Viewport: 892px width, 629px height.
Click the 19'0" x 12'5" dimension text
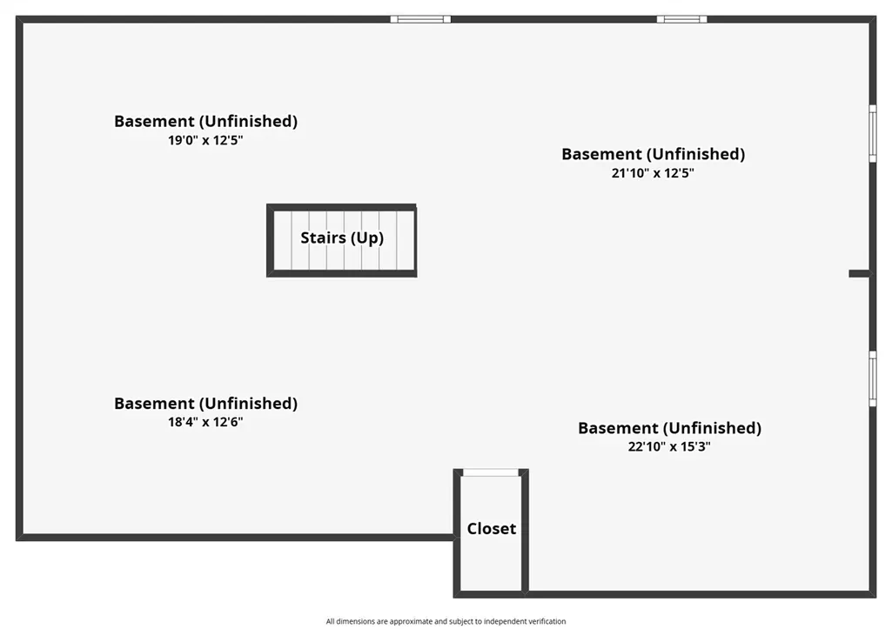(x=205, y=140)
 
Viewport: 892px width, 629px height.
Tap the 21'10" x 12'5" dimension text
(x=653, y=173)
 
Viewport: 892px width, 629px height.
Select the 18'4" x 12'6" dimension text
(x=205, y=422)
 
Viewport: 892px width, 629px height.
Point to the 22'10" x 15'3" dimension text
(x=669, y=446)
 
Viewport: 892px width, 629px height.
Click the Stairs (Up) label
(x=342, y=238)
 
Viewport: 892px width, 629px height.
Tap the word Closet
(x=492, y=528)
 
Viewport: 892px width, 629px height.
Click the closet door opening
(x=491, y=472)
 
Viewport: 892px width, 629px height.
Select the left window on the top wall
(x=420, y=19)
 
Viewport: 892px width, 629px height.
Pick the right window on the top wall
(x=682, y=19)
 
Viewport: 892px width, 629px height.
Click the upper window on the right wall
(x=873, y=134)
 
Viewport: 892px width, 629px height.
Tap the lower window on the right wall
(x=873, y=378)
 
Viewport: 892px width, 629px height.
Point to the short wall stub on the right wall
(x=859, y=273)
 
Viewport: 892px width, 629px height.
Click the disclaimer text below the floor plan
(x=446, y=622)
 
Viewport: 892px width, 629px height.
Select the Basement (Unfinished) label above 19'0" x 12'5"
(x=205, y=121)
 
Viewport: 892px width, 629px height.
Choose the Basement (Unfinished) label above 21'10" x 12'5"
(x=653, y=154)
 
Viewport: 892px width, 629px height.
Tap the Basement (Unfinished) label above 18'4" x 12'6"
(x=205, y=403)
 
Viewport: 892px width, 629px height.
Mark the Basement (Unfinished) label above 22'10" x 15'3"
(x=669, y=428)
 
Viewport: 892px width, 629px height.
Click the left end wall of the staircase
(x=271, y=241)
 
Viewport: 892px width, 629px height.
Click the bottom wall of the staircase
(x=342, y=273)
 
